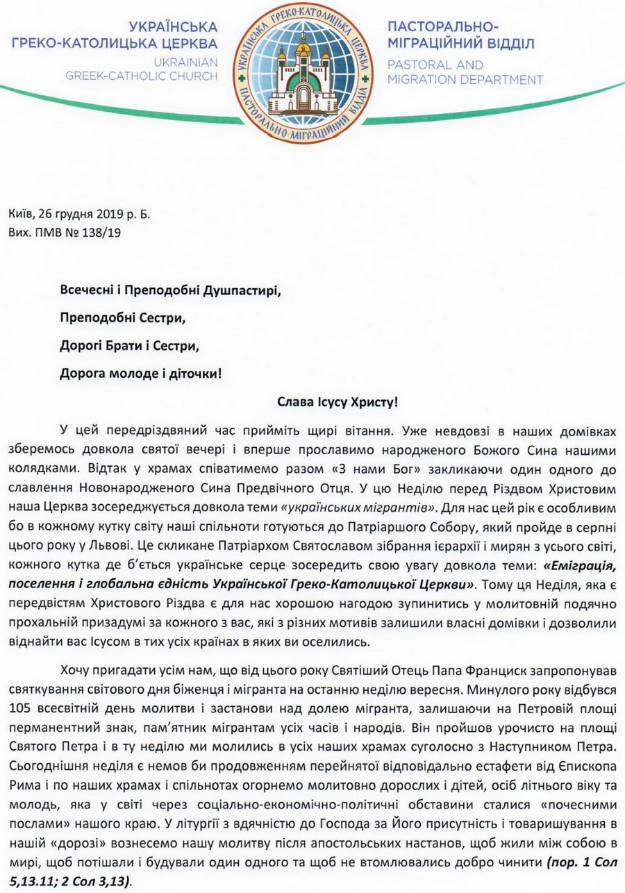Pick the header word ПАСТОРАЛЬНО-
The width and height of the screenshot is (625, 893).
(x=442, y=27)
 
